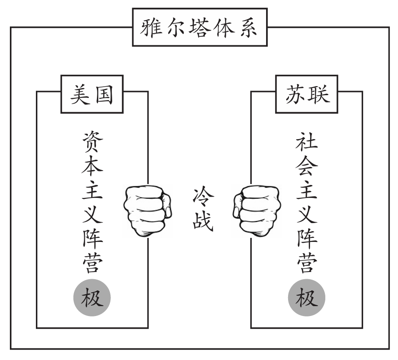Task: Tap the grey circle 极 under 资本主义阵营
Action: [92, 297]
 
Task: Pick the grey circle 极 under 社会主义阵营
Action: [307, 297]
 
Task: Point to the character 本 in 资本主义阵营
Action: [92, 166]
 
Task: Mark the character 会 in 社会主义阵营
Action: [307, 166]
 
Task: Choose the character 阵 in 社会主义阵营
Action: [307, 238]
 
